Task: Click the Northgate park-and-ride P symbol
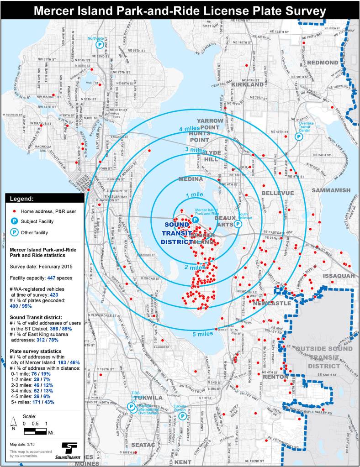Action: (100, 45)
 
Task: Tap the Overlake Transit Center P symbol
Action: (299, 136)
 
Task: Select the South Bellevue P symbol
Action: (238, 224)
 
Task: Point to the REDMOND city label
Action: (323, 63)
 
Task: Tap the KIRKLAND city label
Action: (248, 84)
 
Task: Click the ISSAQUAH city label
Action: (339, 276)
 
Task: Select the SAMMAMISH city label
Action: (331, 190)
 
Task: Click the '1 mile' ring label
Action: (194, 195)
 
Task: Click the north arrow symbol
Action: (15, 424)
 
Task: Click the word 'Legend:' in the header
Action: (22, 199)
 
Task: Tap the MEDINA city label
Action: (191, 179)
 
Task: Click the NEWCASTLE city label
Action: (271, 303)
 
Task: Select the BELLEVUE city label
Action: (278, 193)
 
